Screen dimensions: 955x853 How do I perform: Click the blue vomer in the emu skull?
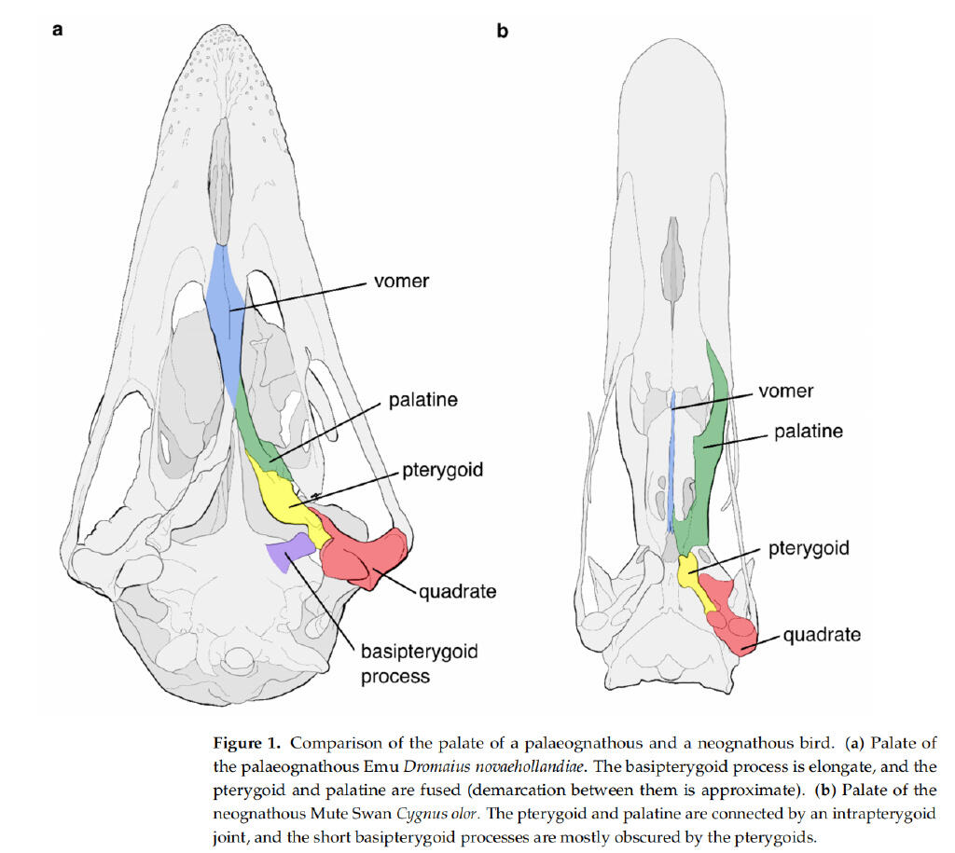226,323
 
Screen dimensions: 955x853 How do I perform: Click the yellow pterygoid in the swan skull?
694,578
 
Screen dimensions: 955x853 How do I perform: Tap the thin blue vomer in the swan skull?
671,462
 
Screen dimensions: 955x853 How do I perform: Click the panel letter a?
57,29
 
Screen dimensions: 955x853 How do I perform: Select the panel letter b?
503,31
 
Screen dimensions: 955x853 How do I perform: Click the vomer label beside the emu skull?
401,281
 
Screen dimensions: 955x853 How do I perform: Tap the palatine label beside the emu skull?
423,399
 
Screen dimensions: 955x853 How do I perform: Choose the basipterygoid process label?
420,664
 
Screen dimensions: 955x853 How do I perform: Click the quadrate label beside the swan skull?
823,635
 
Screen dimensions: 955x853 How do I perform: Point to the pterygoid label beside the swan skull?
809,548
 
